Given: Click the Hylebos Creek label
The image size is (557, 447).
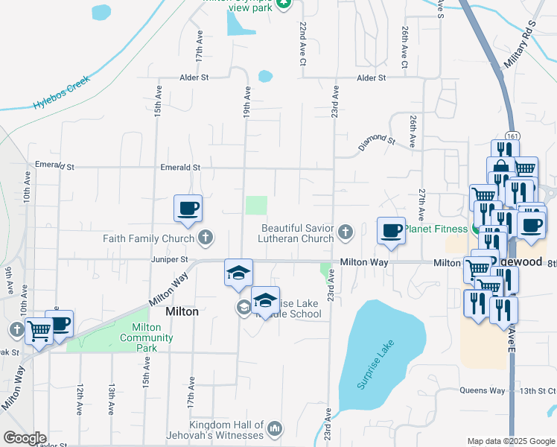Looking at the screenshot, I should (x=61, y=92).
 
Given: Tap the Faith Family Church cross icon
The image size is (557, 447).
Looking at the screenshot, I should (x=206, y=239).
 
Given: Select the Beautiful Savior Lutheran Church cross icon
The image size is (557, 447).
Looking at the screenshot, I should (x=345, y=233).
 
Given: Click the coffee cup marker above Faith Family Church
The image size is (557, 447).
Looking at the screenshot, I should (x=188, y=209).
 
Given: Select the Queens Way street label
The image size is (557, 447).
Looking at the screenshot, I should (x=482, y=390).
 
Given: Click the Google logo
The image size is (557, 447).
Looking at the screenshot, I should (x=25, y=437).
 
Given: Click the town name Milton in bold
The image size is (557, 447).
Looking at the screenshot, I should (x=182, y=312).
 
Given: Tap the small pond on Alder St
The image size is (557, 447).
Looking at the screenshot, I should (x=265, y=76).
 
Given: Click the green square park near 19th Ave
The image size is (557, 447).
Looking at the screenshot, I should (x=256, y=206).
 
